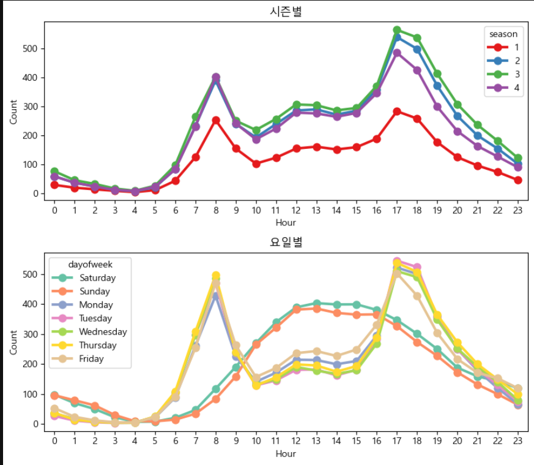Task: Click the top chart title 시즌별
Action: [x=286, y=11]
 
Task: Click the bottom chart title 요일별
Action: [x=286, y=242]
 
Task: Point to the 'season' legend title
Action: [x=503, y=34]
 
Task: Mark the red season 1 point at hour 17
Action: [x=397, y=112]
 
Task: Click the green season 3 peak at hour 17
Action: [x=397, y=30]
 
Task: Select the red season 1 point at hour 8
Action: [x=216, y=120]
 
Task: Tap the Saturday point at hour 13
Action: [x=317, y=303]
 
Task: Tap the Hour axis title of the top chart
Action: [x=286, y=222]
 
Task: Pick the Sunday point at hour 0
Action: [x=54, y=396]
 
